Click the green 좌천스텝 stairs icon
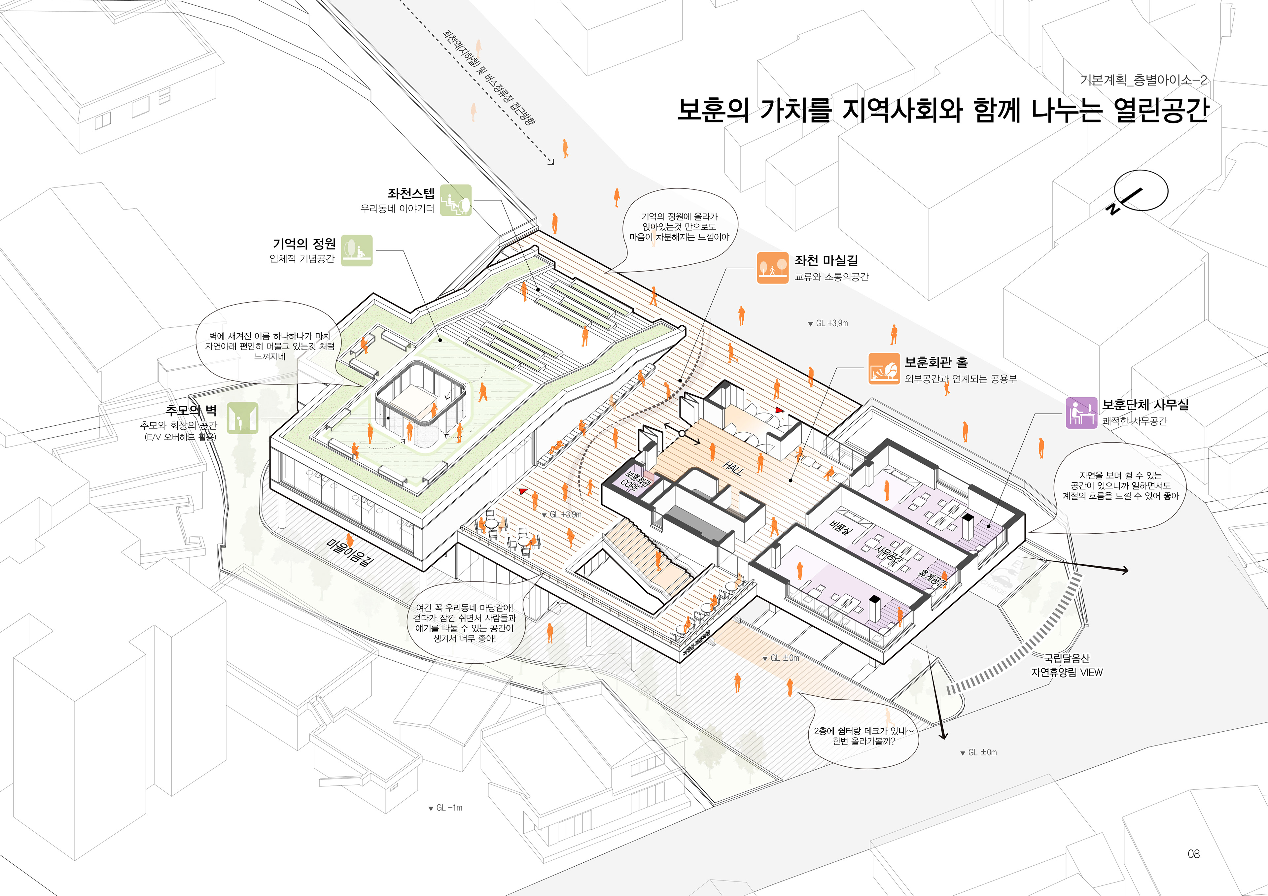click(456, 200)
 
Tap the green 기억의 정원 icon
click(357, 250)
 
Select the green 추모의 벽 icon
click(242, 418)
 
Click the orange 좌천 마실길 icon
click(772, 268)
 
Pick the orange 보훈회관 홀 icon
click(884, 369)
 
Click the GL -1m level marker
click(446, 808)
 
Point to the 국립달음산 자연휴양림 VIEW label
click(1067, 666)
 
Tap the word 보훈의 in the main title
click(712, 111)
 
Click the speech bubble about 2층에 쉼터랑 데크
click(863, 736)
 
